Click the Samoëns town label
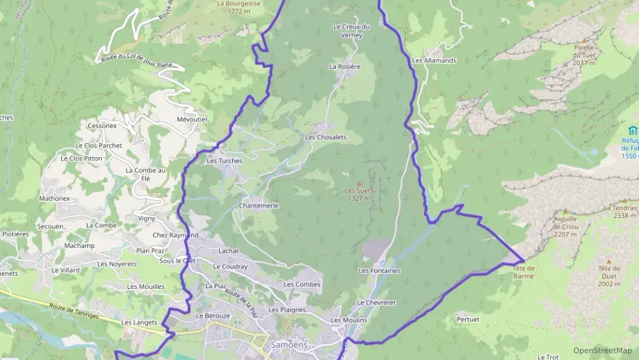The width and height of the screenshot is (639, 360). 290,344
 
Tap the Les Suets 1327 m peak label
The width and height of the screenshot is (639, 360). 358,195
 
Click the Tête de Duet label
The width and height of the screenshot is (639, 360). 609,272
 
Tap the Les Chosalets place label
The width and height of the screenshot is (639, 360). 326,137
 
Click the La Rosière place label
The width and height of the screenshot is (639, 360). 344,67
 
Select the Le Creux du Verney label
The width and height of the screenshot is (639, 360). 351,31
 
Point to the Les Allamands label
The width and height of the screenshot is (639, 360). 434,61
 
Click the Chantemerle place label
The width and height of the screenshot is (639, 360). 259,206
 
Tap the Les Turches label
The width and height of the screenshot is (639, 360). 224,161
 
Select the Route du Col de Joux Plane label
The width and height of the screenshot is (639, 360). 137,62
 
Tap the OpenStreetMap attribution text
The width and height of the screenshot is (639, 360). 602,350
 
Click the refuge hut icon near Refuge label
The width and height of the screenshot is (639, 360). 632,130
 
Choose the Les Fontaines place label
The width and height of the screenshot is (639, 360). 380,271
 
